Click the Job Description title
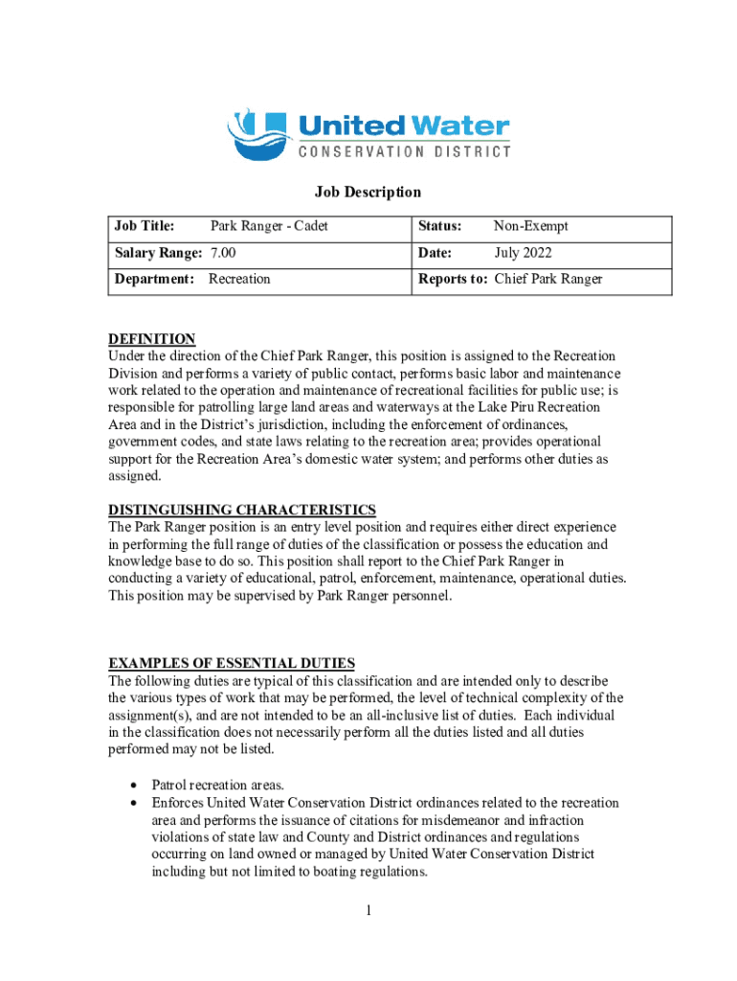[368, 193]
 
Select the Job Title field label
[145, 227]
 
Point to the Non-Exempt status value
[530, 227]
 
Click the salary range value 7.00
[223, 253]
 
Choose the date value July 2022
[523, 253]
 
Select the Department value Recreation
[239, 279]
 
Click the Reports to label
[453, 279]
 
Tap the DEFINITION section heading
[152, 339]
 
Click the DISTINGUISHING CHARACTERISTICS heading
[242, 510]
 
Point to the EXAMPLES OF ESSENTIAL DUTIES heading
[232, 664]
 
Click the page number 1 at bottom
[368, 910]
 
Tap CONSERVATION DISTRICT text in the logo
[405, 151]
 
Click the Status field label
[440, 227]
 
